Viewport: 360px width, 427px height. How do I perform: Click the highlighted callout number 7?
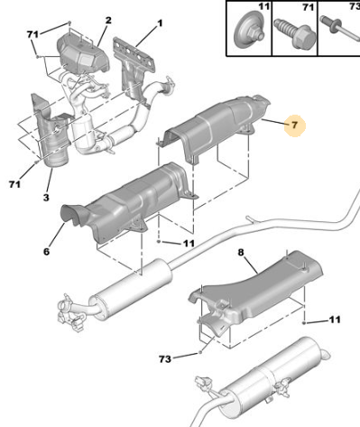point(294,125)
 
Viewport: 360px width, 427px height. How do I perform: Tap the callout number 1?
point(160,23)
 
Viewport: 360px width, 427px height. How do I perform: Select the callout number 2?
point(108,21)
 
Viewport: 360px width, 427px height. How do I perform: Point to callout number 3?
point(46,198)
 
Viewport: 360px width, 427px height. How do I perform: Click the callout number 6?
point(46,251)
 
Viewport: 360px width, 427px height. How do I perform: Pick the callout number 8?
point(241,252)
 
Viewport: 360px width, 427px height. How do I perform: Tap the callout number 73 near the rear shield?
point(165,358)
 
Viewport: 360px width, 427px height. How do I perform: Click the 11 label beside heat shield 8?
point(335,320)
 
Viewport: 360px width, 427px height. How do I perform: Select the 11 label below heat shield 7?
point(189,243)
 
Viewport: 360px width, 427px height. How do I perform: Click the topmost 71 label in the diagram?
point(32,34)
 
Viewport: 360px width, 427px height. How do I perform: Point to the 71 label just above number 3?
point(15,184)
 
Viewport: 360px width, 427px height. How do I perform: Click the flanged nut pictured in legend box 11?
point(249,30)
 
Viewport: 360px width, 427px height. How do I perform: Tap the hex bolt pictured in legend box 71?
point(294,33)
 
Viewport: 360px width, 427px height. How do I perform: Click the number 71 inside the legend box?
point(308,6)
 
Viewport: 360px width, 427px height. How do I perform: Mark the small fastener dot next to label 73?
point(199,352)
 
